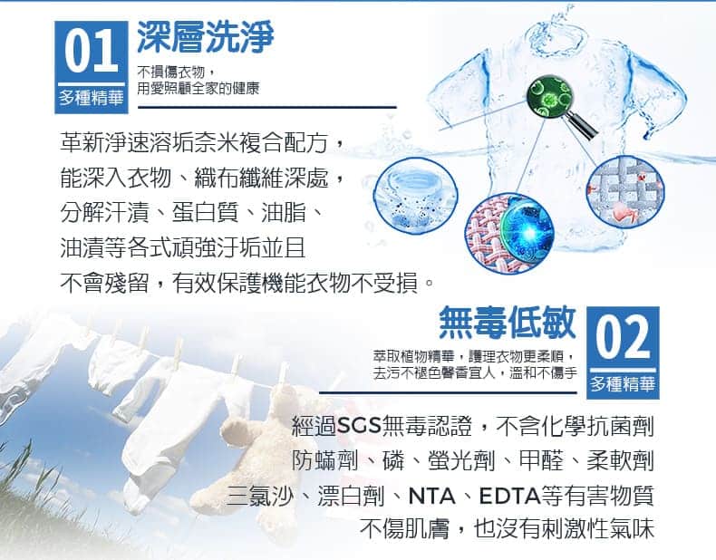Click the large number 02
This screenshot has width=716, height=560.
coord(623,337)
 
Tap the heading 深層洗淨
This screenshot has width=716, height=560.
coord(206,36)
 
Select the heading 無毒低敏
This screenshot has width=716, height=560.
coord(508,322)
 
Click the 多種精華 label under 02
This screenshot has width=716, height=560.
coord(623,384)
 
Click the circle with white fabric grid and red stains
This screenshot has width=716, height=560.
coord(625,191)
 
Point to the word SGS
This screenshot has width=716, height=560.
coord(359,426)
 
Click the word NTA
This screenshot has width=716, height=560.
coord(432,496)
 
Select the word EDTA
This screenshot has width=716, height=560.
coord(509,496)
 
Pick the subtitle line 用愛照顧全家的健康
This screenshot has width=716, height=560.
coord(198,89)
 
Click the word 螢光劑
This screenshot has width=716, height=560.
coord(461,460)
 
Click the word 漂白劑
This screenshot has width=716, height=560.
coord(350,496)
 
